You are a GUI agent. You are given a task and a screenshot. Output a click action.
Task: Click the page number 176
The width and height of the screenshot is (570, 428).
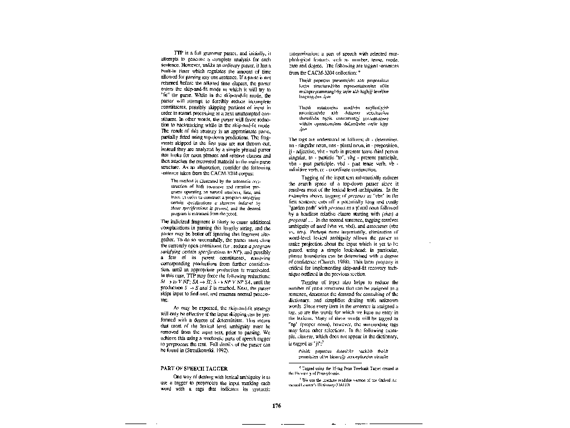(x=277, y=405)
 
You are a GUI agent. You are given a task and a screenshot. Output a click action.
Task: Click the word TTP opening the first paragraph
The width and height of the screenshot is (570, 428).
(x=179, y=52)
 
